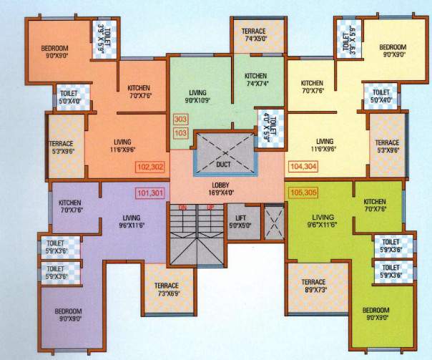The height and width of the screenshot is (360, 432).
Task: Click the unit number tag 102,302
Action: tap(148, 167)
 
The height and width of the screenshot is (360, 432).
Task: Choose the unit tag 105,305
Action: tap(303, 192)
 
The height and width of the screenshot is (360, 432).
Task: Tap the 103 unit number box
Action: tap(181, 133)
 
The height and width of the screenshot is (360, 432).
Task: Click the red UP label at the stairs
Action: tap(210, 208)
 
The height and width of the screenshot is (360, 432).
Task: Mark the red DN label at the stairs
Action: tap(182, 208)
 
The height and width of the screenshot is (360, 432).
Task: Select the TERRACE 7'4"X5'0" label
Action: tap(254, 34)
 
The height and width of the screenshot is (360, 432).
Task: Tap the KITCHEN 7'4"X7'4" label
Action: tap(255, 80)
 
